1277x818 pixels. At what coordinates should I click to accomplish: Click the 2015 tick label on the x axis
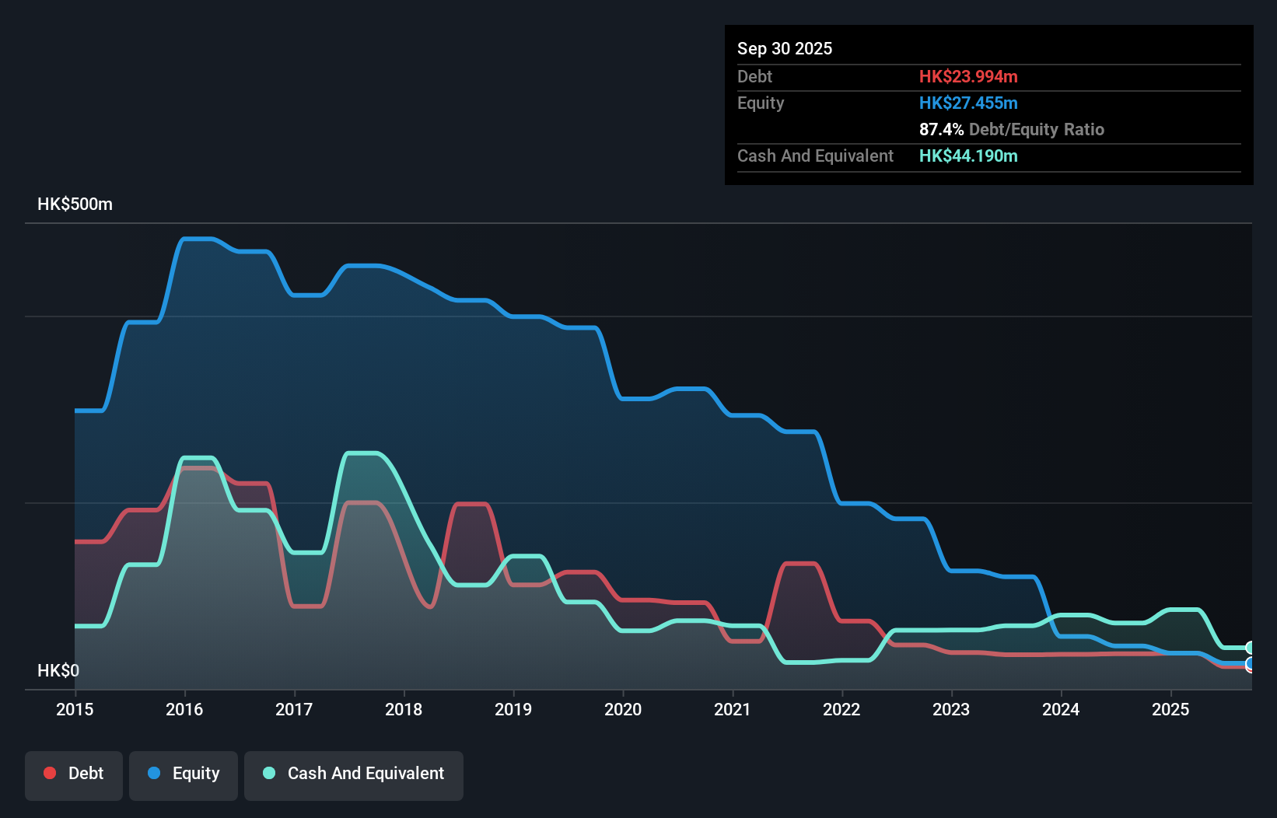pyautogui.click(x=75, y=709)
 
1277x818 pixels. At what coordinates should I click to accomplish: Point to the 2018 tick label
pyautogui.click(x=404, y=709)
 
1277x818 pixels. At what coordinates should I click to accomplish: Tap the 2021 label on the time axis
pyautogui.click(x=733, y=709)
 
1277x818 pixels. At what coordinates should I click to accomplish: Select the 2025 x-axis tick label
pyautogui.click(x=1170, y=709)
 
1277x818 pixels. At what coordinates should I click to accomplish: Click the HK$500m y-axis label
pyautogui.click(x=75, y=204)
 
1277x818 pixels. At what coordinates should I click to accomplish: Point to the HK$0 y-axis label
pyautogui.click(x=58, y=670)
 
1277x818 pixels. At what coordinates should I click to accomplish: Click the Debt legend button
pyautogui.click(x=74, y=774)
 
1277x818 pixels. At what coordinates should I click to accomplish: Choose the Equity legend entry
pyautogui.click(x=184, y=774)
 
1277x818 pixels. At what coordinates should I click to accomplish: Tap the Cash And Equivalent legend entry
pyautogui.click(x=354, y=774)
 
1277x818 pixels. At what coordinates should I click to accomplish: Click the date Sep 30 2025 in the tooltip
pyautogui.click(x=785, y=48)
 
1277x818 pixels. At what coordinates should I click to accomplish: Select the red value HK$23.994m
pyautogui.click(x=968, y=76)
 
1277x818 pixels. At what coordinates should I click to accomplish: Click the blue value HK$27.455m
pyautogui.click(x=968, y=103)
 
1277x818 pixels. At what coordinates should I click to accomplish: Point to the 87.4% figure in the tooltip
pyautogui.click(x=941, y=129)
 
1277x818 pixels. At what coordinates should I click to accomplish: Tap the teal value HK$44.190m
pyautogui.click(x=968, y=156)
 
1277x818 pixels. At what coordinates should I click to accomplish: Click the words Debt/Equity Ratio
pyautogui.click(x=1037, y=129)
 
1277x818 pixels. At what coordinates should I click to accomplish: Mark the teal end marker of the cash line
pyautogui.click(x=1250, y=648)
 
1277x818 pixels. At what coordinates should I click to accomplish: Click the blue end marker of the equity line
pyautogui.click(x=1250, y=664)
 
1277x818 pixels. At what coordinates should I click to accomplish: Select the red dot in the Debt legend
pyautogui.click(x=50, y=773)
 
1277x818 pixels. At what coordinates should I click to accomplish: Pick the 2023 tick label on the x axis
pyautogui.click(x=951, y=709)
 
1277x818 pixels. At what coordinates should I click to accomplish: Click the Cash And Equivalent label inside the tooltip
pyautogui.click(x=815, y=156)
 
